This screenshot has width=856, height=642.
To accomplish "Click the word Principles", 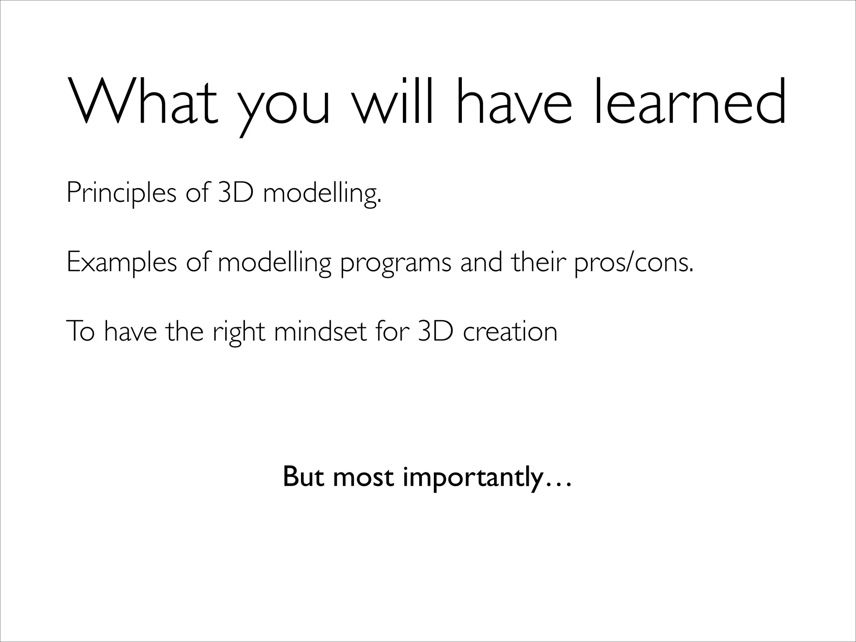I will coord(121,193).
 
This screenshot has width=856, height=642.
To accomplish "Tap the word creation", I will coord(510,331).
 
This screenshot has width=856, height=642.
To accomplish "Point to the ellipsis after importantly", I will coord(557,485).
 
